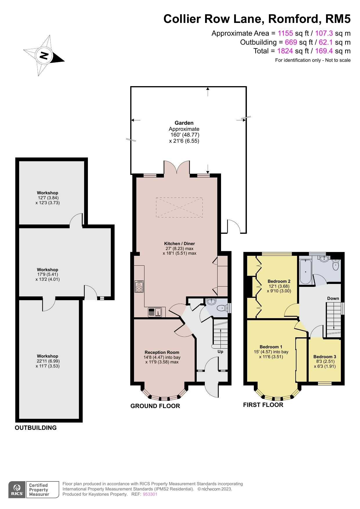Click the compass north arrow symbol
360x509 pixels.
click(44, 55)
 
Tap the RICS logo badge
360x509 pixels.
click(17, 490)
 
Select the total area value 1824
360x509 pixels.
click(285, 51)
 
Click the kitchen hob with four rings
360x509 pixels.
click(139, 287)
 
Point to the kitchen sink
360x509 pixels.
click(155, 312)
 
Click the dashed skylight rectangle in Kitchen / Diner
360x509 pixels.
click(179, 207)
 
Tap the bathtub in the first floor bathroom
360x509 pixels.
click(305, 272)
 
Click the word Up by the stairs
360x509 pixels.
click(220, 352)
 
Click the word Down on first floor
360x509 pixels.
click(333, 298)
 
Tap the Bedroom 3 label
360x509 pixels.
click(325, 357)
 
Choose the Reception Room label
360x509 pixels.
click(162, 352)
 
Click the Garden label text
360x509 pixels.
click(184, 123)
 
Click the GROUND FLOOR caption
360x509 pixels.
click(155, 406)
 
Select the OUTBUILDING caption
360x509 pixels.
click(36, 428)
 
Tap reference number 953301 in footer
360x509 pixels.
click(150, 494)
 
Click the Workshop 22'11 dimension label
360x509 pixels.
click(48, 361)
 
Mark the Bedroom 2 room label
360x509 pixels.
click(279, 281)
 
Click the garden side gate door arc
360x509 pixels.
click(234, 226)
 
